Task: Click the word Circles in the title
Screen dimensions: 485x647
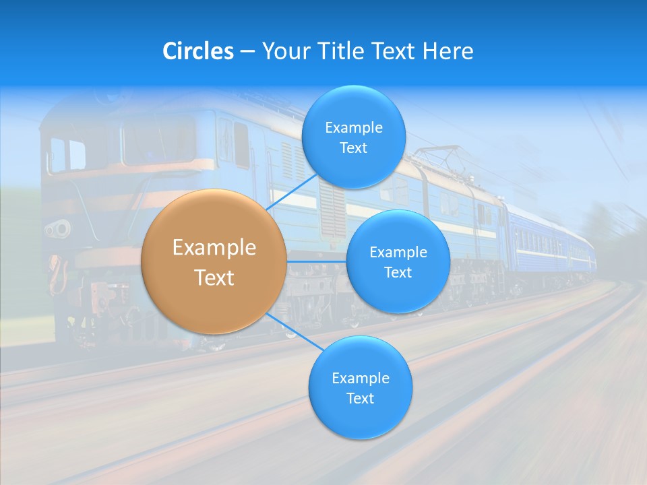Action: pyautogui.click(x=197, y=51)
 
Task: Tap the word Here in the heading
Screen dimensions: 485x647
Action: pyautogui.click(x=448, y=51)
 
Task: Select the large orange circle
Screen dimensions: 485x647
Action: pyautogui.click(x=214, y=262)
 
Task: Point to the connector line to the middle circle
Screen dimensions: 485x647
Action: pyautogui.click(x=317, y=261)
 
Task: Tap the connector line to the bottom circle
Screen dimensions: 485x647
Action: pyautogui.click(x=290, y=329)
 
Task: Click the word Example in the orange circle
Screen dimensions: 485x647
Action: pyautogui.click(x=214, y=248)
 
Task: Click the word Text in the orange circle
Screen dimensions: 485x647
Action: pyautogui.click(x=214, y=278)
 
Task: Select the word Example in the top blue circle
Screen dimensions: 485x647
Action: pyautogui.click(x=353, y=127)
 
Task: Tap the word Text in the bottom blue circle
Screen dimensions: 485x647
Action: pyautogui.click(x=360, y=399)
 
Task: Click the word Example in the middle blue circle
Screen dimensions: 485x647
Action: pyautogui.click(x=398, y=253)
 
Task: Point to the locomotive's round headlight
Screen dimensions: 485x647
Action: pyautogui.click(x=59, y=229)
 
